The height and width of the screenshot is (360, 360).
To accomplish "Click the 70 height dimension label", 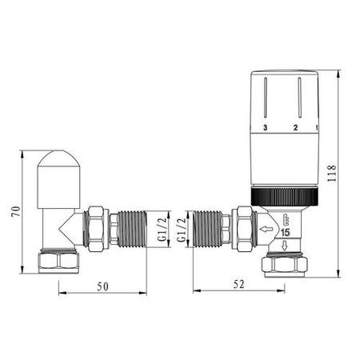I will point(12,213).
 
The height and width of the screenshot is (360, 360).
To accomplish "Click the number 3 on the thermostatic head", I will point(265,127).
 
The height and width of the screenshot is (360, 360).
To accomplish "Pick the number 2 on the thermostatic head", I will point(294,127).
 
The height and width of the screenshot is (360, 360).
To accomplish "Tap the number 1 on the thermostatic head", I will point(317,127).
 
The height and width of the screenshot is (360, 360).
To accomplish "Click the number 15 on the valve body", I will point(285,232).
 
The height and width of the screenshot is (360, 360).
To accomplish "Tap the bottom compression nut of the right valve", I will point(286,265).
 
